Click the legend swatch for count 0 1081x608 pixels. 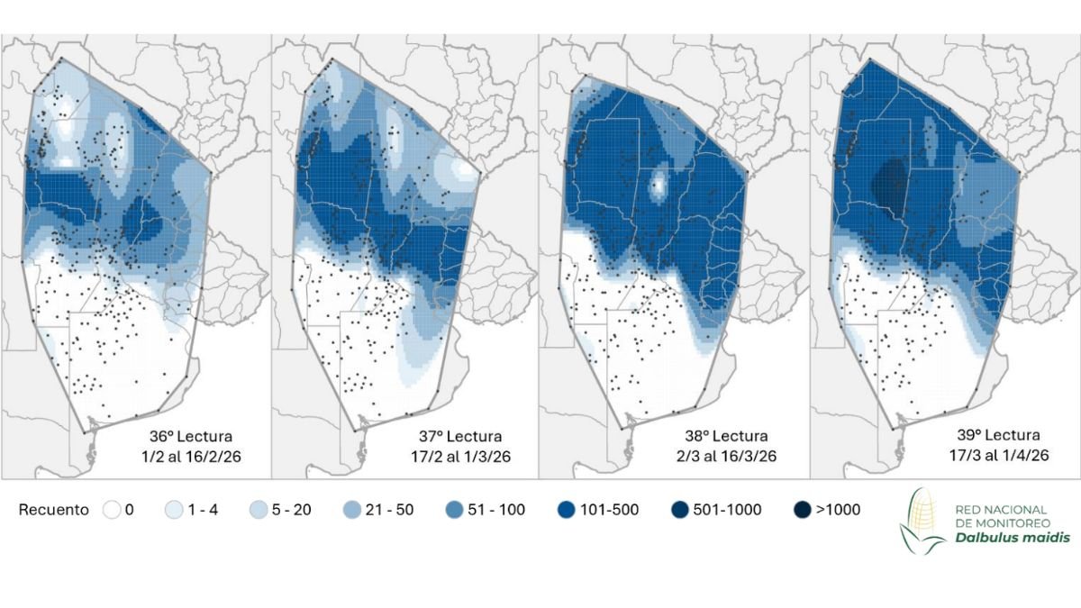click(112, 510)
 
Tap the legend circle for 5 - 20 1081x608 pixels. click(257, 510)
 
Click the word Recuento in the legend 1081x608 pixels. click(54, 510)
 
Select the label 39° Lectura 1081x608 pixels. click(996, 437)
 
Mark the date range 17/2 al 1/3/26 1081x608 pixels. click(459, 456)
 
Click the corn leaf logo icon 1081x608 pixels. click(923, 521)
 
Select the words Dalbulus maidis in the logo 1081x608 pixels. click(1000, 538)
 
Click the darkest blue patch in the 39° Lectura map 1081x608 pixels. click(890, 185)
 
